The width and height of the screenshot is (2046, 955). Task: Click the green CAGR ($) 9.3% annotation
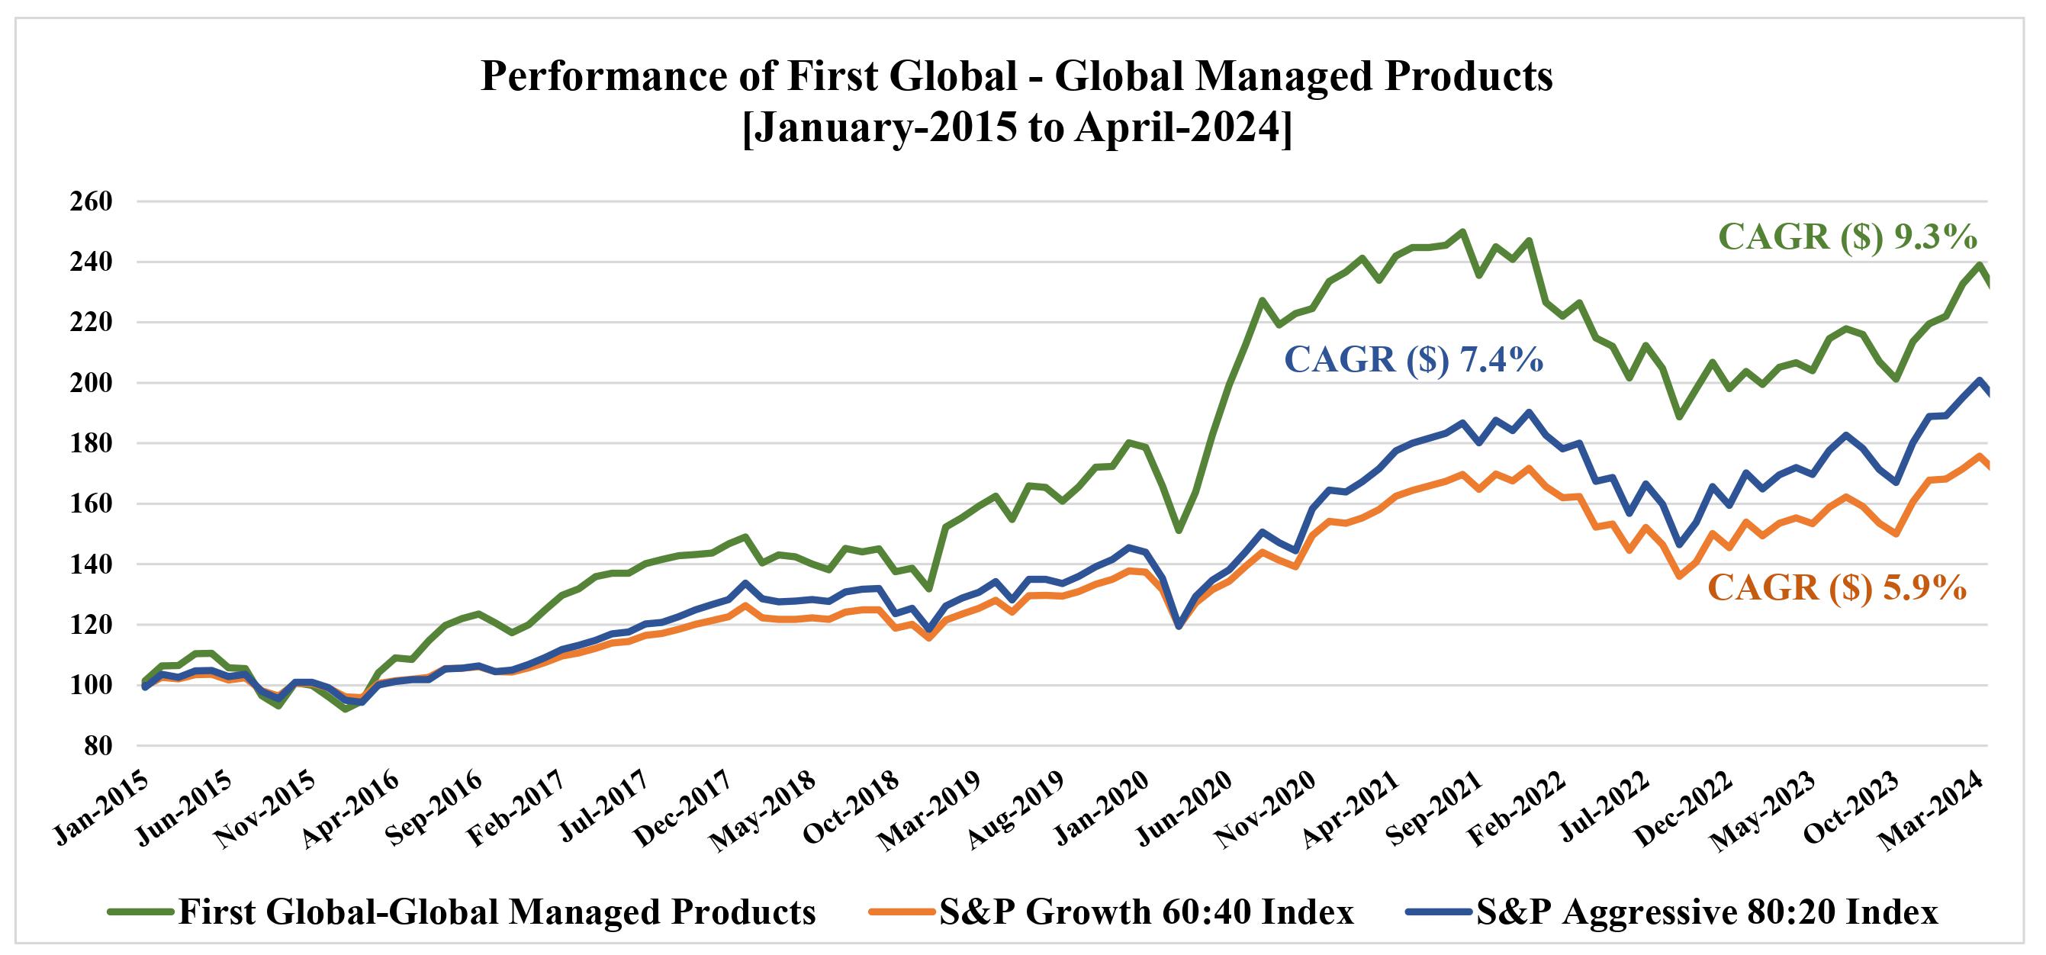(x=1848, y=237)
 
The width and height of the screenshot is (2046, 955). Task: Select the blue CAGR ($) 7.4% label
(x=1414, y=359)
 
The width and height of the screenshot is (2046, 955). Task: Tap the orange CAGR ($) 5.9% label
(x=1836, y=588)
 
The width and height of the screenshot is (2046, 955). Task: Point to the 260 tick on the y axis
(x=92, y=201)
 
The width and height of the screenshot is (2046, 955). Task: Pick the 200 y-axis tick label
(x=92, y=384)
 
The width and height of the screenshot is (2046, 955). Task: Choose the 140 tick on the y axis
(x=92, y=564)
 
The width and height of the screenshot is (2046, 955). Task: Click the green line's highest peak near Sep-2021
(x=1462, y=232)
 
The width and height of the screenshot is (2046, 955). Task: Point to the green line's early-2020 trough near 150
(x=1179, y=530)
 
